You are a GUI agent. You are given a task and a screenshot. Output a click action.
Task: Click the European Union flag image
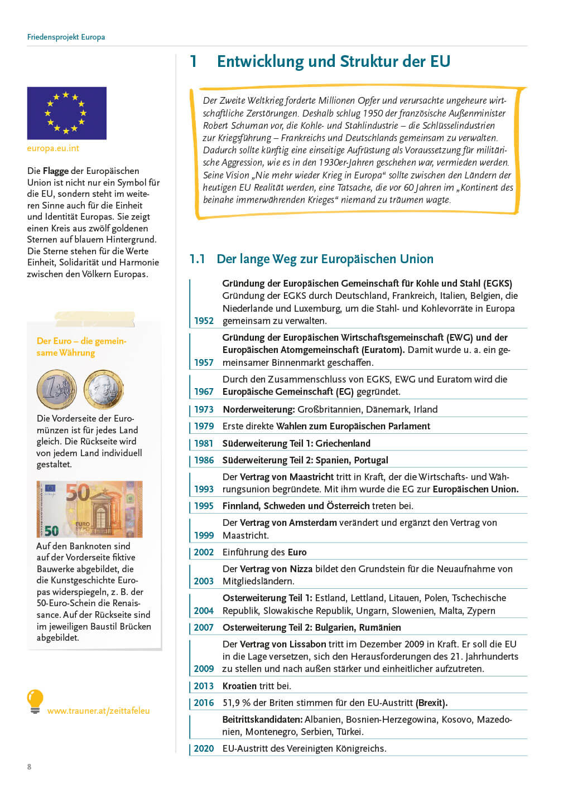66,113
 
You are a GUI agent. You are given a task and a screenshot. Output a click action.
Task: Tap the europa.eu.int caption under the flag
53,148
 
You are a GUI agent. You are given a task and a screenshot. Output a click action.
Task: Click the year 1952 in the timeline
204,321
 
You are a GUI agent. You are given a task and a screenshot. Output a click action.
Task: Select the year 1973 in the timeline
204,409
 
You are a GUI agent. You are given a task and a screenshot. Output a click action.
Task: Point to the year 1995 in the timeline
204,506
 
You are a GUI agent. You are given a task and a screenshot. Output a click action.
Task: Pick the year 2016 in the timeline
204,703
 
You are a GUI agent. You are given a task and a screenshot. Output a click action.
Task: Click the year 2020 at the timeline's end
204,748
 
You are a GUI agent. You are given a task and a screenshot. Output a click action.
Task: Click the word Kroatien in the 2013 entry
239,686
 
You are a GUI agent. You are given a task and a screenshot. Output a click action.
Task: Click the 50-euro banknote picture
89,509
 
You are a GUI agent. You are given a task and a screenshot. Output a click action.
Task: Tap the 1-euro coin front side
56,389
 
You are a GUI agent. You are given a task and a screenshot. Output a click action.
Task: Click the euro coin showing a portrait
103,389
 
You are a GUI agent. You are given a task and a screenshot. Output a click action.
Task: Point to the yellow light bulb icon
35,702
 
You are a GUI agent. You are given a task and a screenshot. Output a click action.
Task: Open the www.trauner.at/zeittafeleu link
98,711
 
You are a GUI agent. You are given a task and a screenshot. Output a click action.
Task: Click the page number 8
30,767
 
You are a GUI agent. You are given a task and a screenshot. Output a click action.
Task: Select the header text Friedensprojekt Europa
66,37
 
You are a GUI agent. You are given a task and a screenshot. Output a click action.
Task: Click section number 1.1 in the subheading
197,259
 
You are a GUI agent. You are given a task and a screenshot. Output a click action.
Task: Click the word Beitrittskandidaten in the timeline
262,719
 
